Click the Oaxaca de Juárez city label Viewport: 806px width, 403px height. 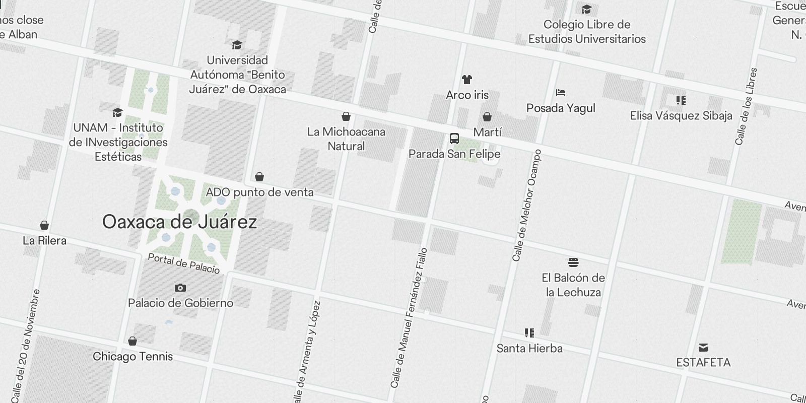point(179,222)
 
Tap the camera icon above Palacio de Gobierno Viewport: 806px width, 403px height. point(180,288)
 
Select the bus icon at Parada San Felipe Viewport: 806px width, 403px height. point(454,139)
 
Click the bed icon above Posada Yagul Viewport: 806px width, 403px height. point(561,93)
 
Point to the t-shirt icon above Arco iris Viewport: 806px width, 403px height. point(467,80)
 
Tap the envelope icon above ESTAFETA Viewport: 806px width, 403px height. point(703,348)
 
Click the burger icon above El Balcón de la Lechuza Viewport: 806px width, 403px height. point(573,262)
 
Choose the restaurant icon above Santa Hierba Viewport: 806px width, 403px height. point(529,333)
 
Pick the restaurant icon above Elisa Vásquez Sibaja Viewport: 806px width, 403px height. point(681,100)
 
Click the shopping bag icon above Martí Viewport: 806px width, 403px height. point(487,117)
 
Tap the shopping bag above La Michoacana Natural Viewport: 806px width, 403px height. point(346,117)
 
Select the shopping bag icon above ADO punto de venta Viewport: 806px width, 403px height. point(259,177)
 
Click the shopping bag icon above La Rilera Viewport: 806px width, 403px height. point(44,225)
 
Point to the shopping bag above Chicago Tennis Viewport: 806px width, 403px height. point(132,341)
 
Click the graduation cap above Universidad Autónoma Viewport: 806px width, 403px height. point(237,45)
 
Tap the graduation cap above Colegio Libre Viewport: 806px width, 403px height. point(586,10)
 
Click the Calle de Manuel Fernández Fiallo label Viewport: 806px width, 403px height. point(409,317)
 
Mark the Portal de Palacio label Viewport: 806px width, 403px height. point(184,263)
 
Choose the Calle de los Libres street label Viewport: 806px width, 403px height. point(747,106)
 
